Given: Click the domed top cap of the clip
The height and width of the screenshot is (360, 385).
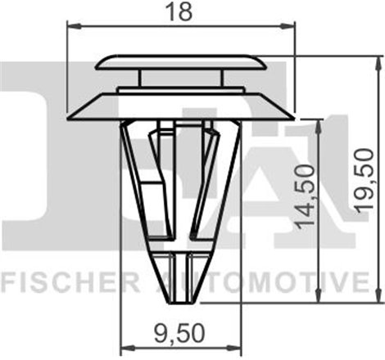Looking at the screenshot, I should point(179,62).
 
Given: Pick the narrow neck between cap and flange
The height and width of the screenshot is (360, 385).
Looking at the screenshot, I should point(179,79).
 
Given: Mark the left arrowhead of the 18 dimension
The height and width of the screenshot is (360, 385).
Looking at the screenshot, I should point(69,27).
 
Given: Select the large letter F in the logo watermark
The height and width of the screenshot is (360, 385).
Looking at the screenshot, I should point(33,147).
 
